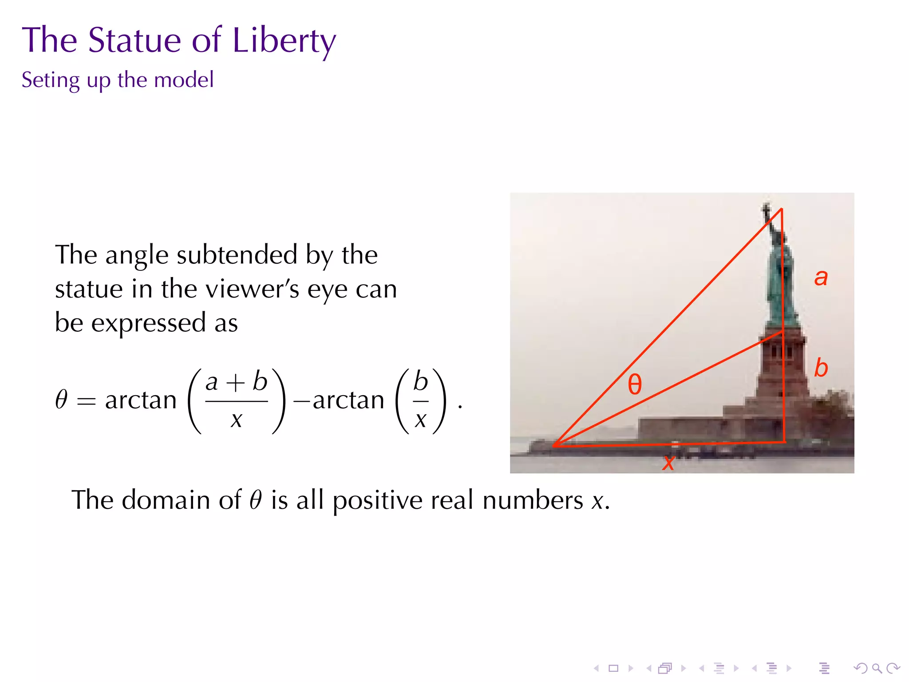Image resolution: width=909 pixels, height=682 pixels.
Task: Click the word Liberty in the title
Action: point(284,41)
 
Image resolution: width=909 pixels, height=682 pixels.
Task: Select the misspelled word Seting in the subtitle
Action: point(51,80)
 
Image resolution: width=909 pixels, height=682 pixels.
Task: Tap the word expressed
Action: point(149,323)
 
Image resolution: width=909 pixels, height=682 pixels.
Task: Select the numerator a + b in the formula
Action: point(236,382)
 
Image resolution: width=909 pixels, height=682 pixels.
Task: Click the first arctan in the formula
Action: point(141,400)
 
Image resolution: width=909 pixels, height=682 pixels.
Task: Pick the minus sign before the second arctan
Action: point(302,401)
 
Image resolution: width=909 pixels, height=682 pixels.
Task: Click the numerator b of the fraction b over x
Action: point(420,382)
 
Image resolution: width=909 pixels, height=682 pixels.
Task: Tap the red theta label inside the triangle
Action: point(635,384)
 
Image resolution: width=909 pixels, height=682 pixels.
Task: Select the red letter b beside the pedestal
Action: point(821,368)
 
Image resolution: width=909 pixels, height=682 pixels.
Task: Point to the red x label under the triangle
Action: point(668,462)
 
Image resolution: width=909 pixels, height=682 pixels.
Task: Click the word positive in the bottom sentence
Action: point(377,501)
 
